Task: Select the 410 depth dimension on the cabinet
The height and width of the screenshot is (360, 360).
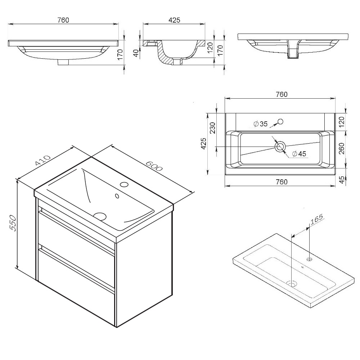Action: point(42,161)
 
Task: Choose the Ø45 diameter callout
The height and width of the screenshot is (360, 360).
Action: point(299,154)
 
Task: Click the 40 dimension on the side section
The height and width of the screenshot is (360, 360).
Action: point(136,53)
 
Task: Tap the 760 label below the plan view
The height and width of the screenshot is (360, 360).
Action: point(282,182)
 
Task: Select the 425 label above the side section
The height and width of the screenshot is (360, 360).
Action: point(174,20)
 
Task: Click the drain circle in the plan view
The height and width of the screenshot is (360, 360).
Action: point(280,147)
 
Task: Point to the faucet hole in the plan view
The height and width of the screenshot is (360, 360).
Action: point(280,121)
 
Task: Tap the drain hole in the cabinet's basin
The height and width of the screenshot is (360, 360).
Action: point(100,216)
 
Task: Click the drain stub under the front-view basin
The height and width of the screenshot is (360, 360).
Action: point(63,62)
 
